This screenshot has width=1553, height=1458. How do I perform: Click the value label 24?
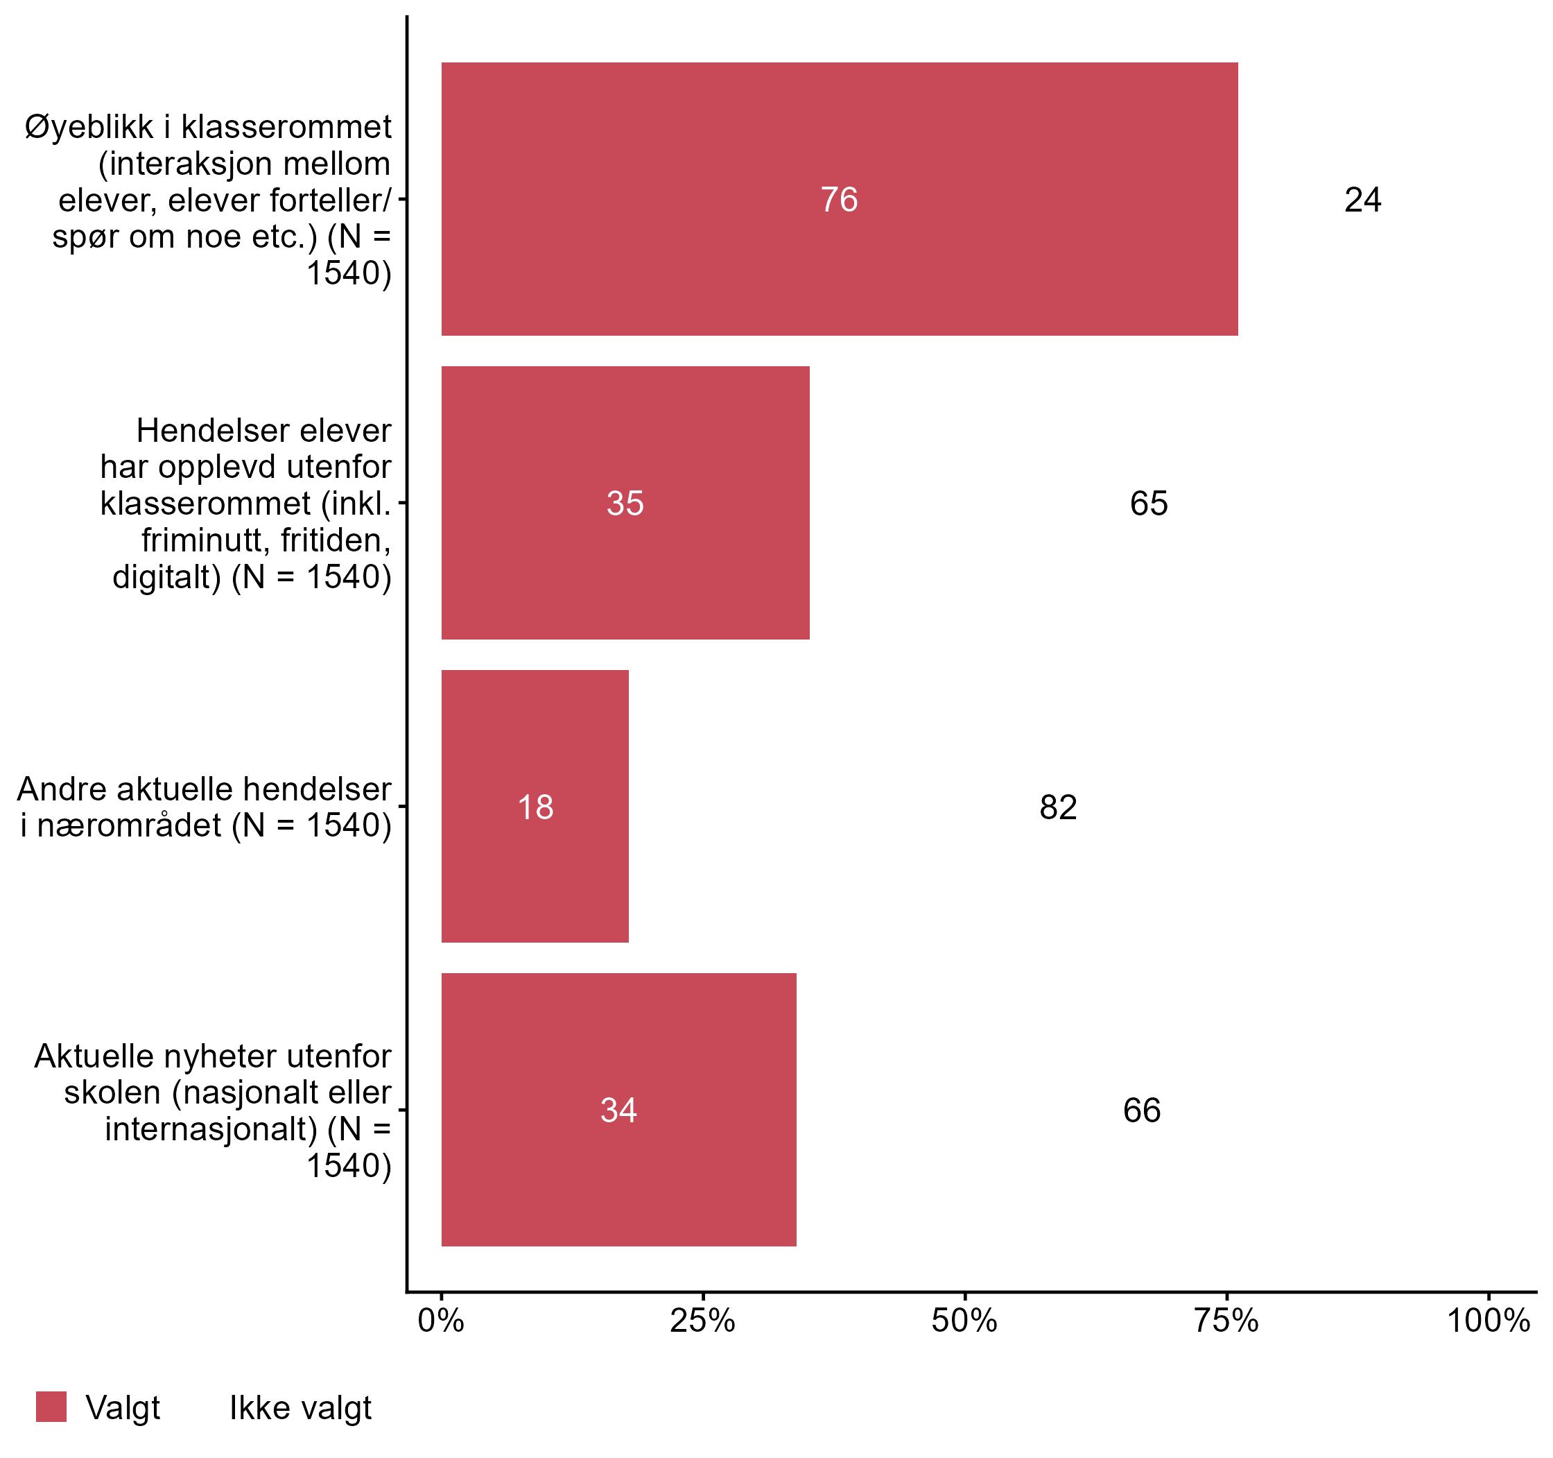click(x=1362, y=200)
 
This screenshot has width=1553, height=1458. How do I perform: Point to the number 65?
click(x=1148, y=503)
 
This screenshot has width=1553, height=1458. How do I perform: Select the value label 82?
click(x=1058, y=807)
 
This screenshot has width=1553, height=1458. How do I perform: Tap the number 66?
click(x=1141, y=1110)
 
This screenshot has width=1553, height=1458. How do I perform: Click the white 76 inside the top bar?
click(x=839, y=200)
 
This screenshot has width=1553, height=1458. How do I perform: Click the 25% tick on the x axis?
click(x=702, y=1321)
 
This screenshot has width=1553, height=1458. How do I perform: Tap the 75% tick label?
click(x=1226, y=1321)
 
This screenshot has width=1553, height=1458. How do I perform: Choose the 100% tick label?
click(x=1487, y=1321)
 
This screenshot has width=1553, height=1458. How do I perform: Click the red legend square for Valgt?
click(x=51, y=1407)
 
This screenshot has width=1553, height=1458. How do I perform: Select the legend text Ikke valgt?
click(x=300, y=1408)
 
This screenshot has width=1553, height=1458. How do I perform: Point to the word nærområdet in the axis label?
click(x=129, y=825)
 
